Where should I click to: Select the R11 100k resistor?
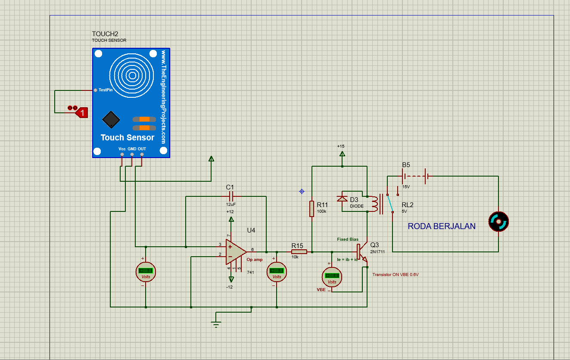coord(311,208)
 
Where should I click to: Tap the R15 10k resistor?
coord(299,252)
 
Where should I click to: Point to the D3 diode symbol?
coord(342,199)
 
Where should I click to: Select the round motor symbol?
coord(498,222)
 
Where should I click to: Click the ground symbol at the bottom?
coord(216,324)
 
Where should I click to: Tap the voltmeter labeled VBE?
coord(332,276)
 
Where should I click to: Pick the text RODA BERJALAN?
coord(442,227)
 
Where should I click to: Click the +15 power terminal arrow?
coord(342,153)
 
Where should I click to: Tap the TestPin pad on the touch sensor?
coord(95,90)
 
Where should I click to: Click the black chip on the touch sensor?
coord(111,120)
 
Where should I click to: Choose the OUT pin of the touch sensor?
coord(142,154)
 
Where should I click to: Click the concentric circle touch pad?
coord(131,76)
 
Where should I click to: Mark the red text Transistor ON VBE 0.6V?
coord(395,274)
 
